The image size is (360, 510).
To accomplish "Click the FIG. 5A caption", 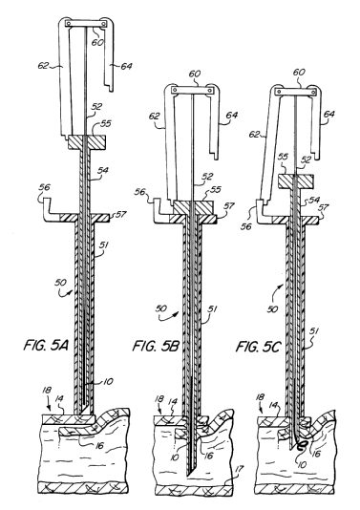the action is [x=46, y=345].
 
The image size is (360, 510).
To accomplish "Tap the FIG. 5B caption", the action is [x=156, y=346].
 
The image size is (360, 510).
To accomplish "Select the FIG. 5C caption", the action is [x=258, y=347].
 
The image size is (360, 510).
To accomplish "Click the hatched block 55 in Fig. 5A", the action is [x=87, y=142].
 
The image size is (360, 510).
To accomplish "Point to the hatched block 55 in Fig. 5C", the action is [x=295, y=181].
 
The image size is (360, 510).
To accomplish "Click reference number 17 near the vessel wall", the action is [x=239, y=469].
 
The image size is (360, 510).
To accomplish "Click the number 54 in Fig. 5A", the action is [x=103, y=170].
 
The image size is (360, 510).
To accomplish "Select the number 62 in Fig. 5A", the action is [x=43, y=66].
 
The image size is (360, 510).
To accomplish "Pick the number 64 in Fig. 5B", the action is [x=231, y=116].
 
